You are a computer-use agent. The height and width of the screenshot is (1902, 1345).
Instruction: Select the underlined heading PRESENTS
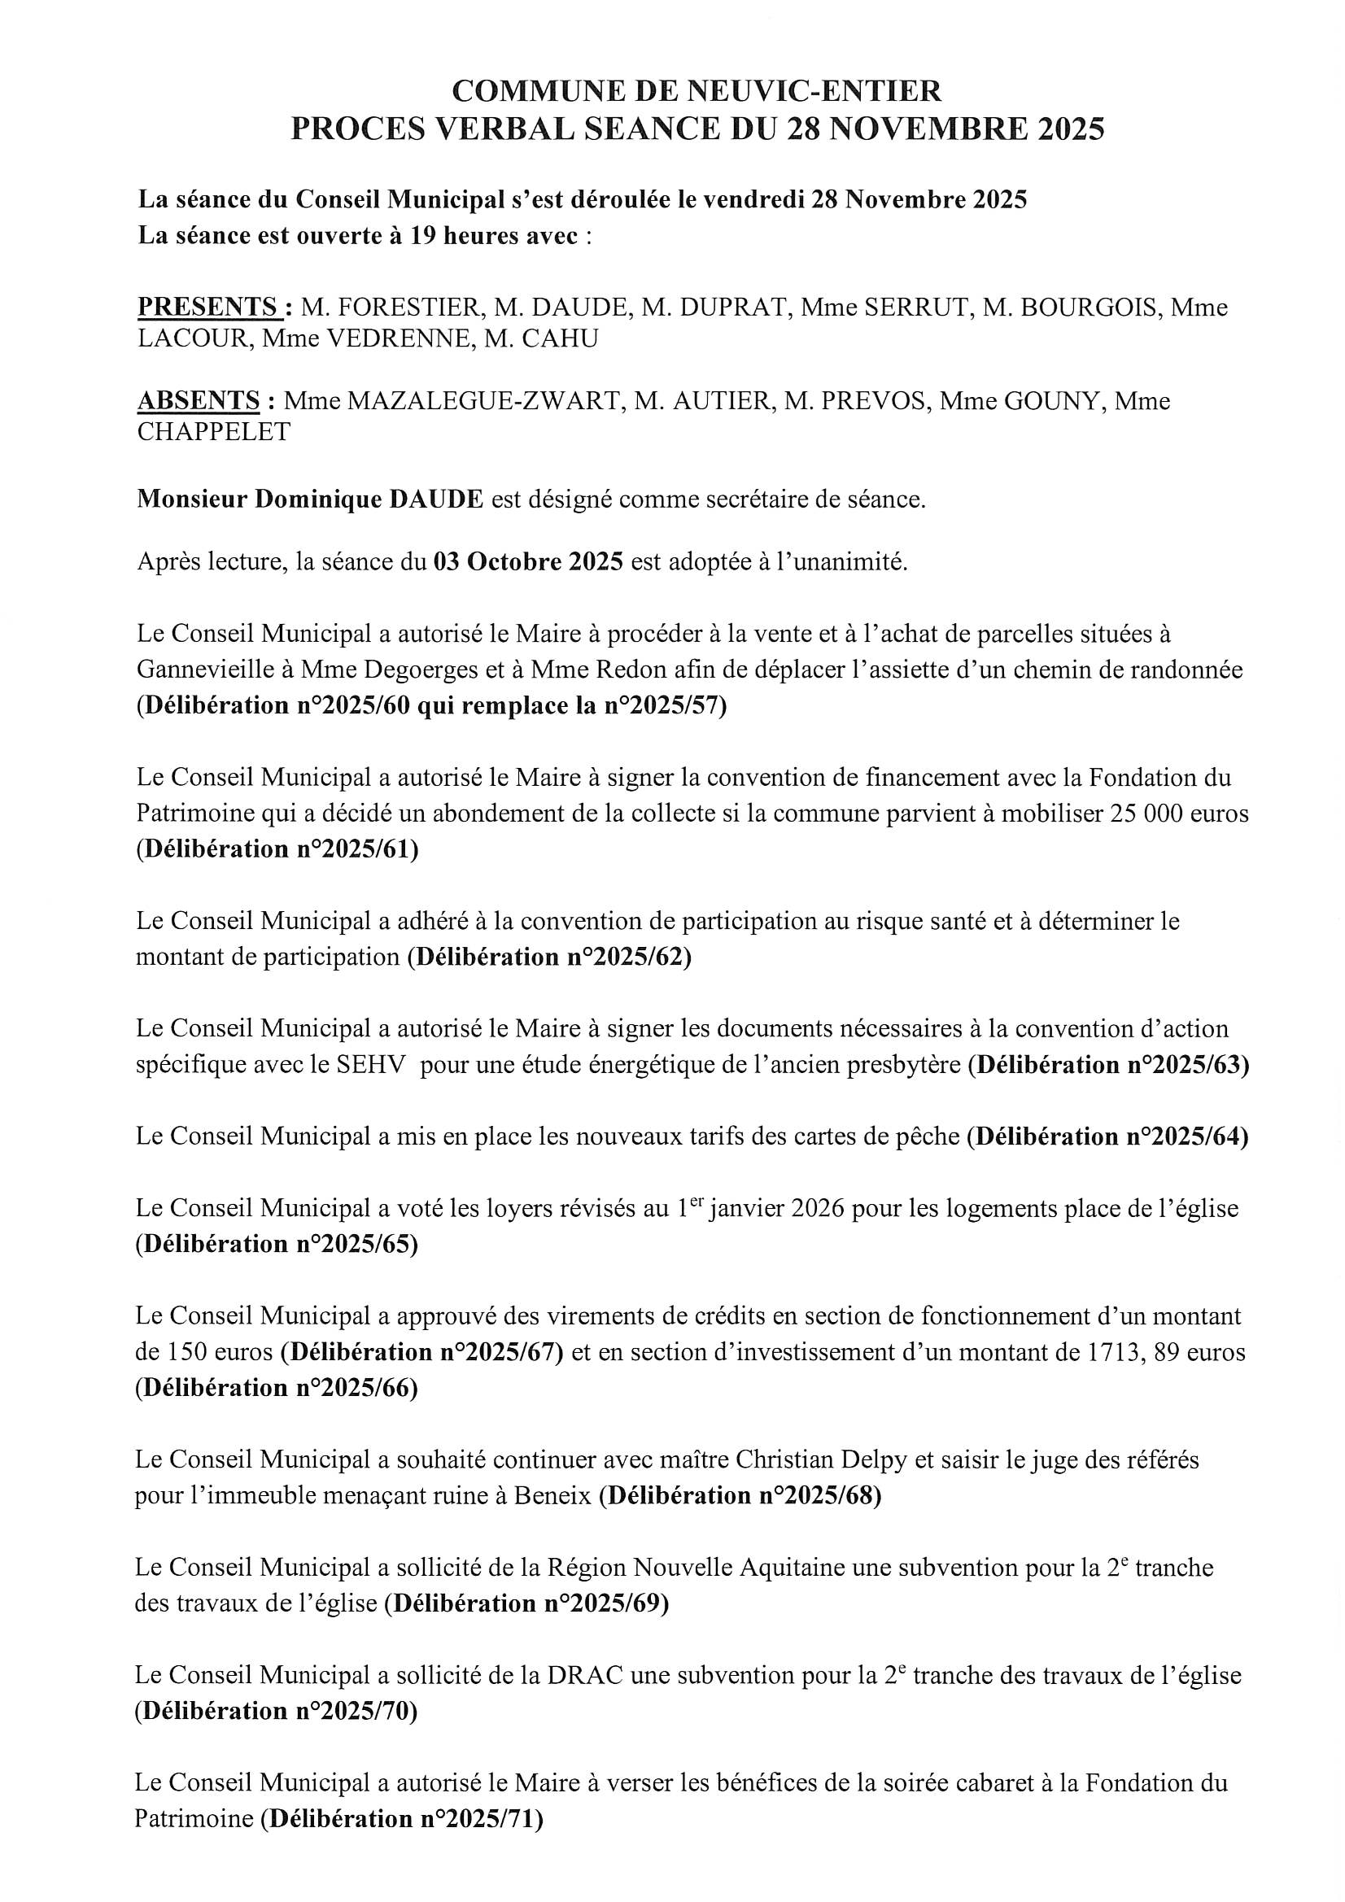pos(209,308)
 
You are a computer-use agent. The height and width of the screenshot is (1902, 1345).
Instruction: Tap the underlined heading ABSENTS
pos(199,401)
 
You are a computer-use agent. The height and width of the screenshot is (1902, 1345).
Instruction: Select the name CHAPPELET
pos(214,432)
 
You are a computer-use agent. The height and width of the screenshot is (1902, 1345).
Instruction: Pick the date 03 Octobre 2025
pos(528,561)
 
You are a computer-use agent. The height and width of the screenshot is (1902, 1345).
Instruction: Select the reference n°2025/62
pos(627,957)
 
